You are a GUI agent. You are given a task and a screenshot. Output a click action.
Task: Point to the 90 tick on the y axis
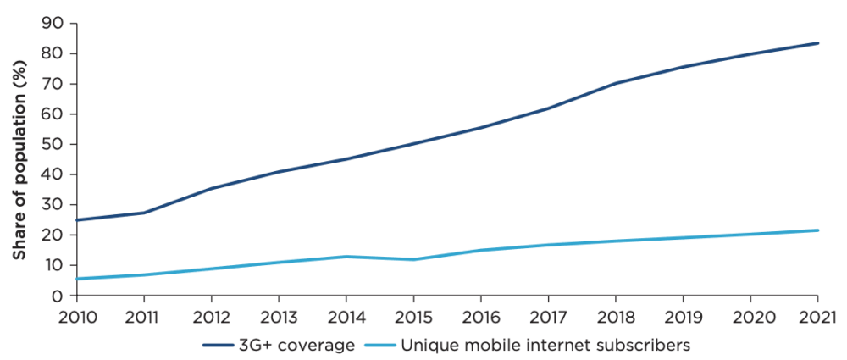pos(55,23)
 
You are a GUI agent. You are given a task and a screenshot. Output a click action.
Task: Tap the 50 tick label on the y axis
pos(55,144)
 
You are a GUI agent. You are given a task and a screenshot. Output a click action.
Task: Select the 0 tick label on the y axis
pos(60,296)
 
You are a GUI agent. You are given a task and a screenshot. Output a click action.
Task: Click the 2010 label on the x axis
pos(76,317)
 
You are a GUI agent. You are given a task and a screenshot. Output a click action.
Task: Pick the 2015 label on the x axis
pos(413,317)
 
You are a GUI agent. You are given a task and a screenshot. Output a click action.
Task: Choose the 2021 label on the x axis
pos(817,317)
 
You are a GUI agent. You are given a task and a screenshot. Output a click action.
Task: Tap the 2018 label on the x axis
pos(616,317)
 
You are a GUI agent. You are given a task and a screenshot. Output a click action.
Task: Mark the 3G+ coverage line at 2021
pos(817,42)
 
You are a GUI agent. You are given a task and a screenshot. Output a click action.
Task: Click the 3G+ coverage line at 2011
pos(144,213)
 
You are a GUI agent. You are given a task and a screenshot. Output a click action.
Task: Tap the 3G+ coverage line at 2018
pos(616,83)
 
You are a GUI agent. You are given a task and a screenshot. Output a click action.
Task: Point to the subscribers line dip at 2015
pos(413,259)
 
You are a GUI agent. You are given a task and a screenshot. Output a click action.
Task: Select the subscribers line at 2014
pos(346,257)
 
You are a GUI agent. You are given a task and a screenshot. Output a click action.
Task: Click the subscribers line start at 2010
pos(77,279)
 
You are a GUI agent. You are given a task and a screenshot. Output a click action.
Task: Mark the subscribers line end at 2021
pos(817,230)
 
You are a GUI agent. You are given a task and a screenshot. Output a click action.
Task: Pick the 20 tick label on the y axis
pos(55,235)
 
